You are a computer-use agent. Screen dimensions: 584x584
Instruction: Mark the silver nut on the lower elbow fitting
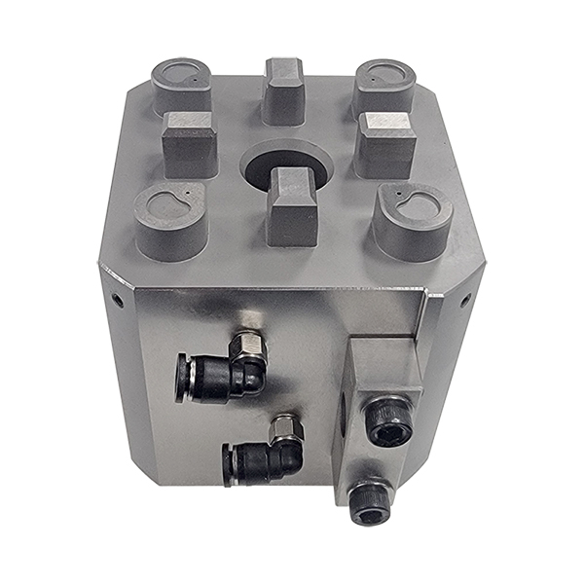point(285,429)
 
